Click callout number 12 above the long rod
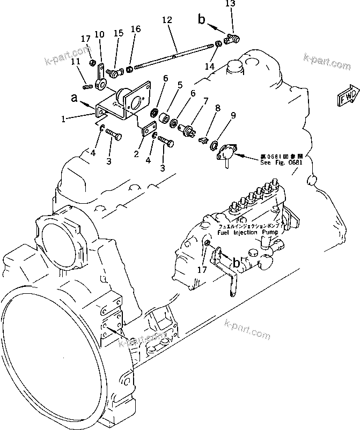[x=167, y=20]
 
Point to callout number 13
[x=230, y=4]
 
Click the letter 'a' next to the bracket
[x=74, y=97]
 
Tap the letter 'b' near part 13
[x=201, y=20]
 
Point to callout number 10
[x=99, y=35]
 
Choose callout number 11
[x=76, y=62]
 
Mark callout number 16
[x=136, y=29]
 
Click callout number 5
[x=180, y=85]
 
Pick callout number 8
[x=217, y=108]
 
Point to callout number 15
[x=117, y=33]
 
